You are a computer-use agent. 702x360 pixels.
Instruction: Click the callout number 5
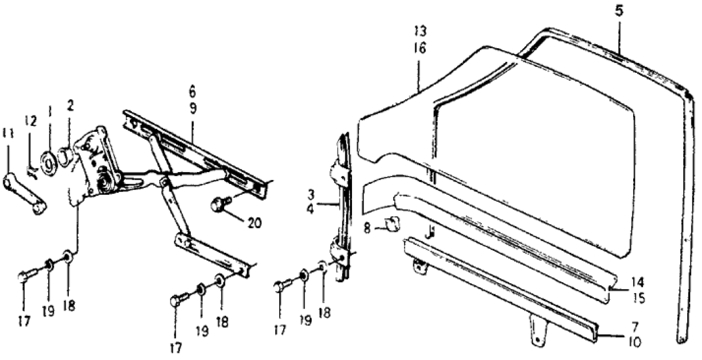pos(619,11)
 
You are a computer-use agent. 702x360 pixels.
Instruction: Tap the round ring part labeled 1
pos(49,163)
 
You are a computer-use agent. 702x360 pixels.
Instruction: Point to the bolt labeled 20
pos(218,205)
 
